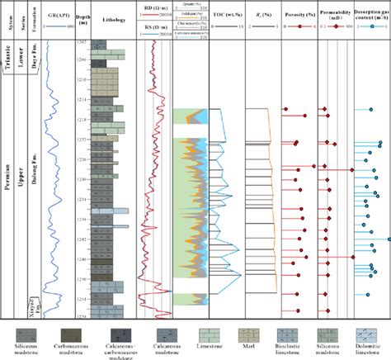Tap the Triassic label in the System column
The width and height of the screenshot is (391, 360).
[7, 70]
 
